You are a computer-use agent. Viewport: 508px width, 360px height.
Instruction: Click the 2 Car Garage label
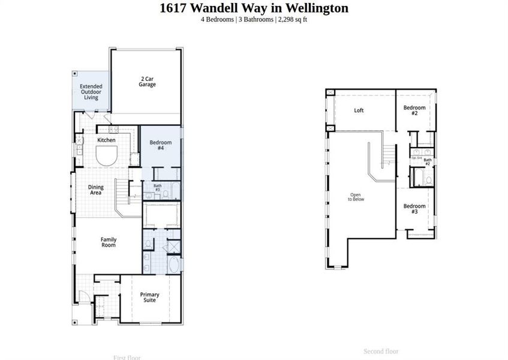pos(148,82)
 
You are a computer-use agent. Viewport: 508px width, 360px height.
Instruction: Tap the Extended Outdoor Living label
pos(91,92)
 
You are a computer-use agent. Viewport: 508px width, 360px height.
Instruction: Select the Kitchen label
pos(107,140)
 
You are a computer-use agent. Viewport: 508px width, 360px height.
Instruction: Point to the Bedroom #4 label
pos(161,145)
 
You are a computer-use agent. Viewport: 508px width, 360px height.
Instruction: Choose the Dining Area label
pos(96,190)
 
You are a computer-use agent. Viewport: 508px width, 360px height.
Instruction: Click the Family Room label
pos(109,242)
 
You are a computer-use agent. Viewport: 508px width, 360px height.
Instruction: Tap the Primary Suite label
pos(149,297)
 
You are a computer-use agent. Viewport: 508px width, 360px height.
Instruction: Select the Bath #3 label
pos(158,187)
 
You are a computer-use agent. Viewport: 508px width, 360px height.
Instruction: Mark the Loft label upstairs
pos(359,110)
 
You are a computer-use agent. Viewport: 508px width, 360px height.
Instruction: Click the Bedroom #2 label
pos(414,110)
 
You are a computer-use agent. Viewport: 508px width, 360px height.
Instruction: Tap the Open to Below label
pos(356,197)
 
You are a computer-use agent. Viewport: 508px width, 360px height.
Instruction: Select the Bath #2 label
pos(428,161)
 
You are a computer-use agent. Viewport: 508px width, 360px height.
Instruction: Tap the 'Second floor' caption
pos(381,352)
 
